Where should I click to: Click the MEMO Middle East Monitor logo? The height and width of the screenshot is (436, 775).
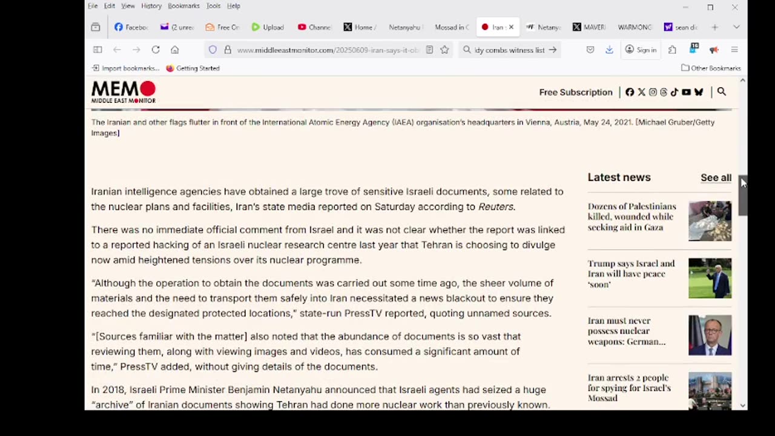(x=124, y=92)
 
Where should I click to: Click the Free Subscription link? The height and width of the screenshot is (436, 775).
(x=576, y=92)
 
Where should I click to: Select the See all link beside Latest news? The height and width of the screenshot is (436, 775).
(x=716, y=177)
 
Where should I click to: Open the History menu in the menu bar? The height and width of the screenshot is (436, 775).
(x=151, y=6)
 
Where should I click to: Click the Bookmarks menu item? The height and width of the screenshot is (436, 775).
(x=183, y=6)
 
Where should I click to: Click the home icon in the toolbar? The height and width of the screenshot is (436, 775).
(x=175, y=50)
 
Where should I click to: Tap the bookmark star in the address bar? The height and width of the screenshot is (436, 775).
(x=444, y=50)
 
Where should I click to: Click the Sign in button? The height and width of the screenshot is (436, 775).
(x=641, y=50)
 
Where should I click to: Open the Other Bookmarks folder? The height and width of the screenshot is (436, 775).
(x=711, y=68)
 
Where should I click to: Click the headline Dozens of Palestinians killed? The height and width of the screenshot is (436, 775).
(x=632, y=217)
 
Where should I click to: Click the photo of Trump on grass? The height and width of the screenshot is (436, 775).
(x=710, y=279)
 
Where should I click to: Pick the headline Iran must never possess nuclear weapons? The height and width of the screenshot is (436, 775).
(x=627, y=331)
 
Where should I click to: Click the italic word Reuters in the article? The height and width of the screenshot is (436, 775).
(x=496, y=206)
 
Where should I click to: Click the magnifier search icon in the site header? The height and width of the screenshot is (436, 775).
(x=721, y=92)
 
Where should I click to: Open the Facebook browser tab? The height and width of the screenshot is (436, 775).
(x=131, y=27)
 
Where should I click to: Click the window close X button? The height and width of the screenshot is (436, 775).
(x=734, y=7)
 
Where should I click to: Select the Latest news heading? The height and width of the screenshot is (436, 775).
(x=619, y=177)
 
